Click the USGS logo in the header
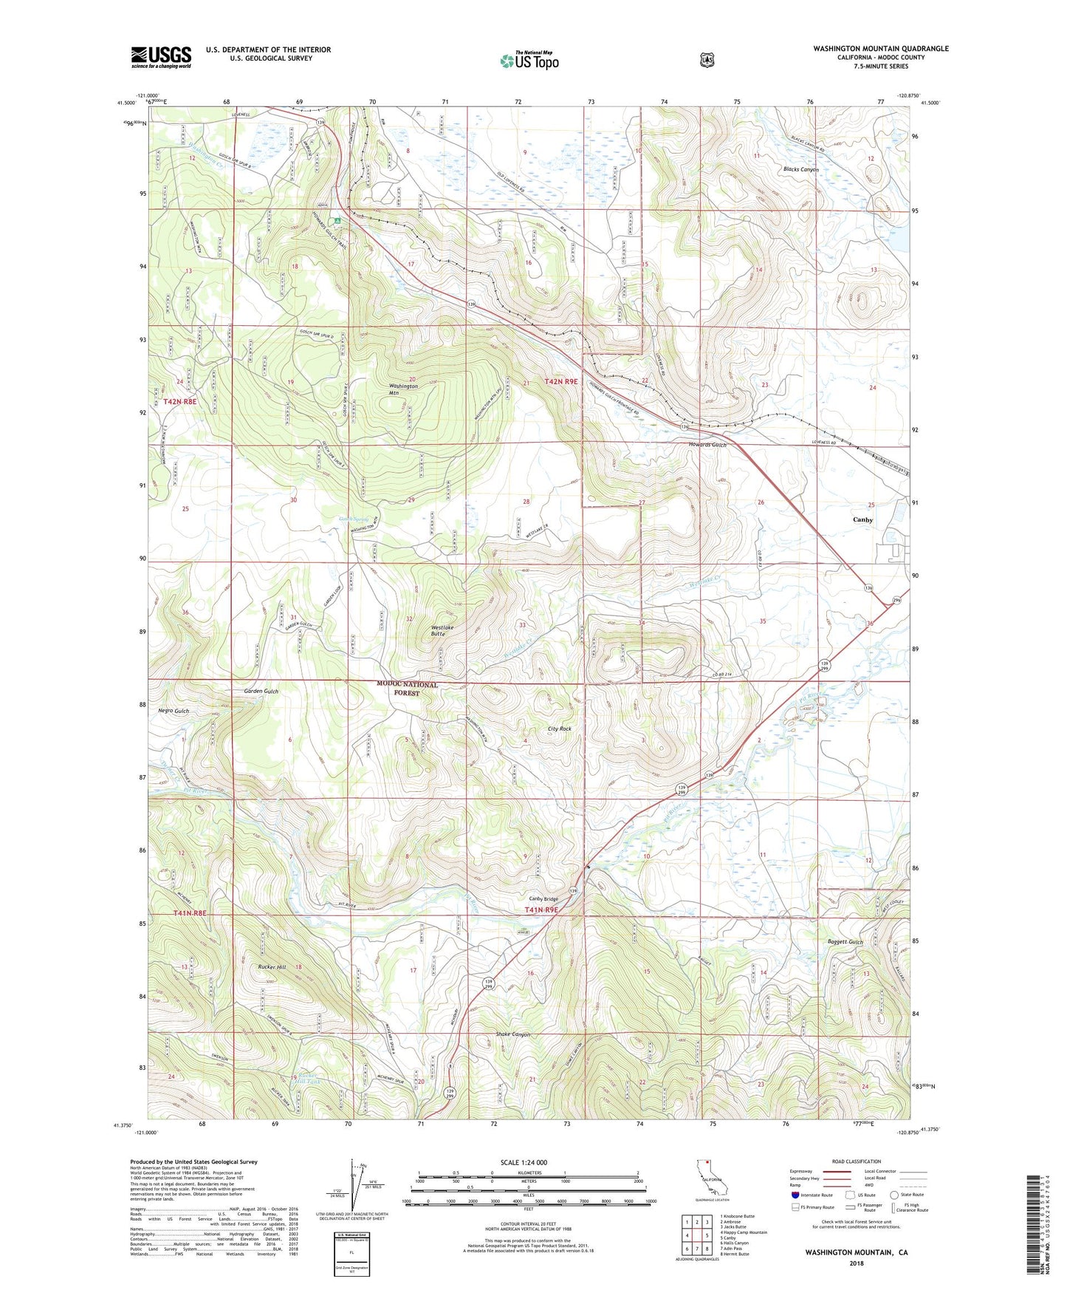click(161, 56)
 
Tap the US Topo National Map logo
click(529, 60)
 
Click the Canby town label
click(862, 519)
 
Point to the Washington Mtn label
click(404, 389)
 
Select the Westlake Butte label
click(442, 630)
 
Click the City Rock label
click(559, 728)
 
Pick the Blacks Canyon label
click(801, 169)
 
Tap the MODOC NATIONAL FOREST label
click(407, 689)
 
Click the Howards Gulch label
click(702, 445)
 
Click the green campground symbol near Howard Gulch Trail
click(337, 220)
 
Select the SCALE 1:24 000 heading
click(524, 1162)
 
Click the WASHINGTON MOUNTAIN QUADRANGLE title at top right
click(880, 49)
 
